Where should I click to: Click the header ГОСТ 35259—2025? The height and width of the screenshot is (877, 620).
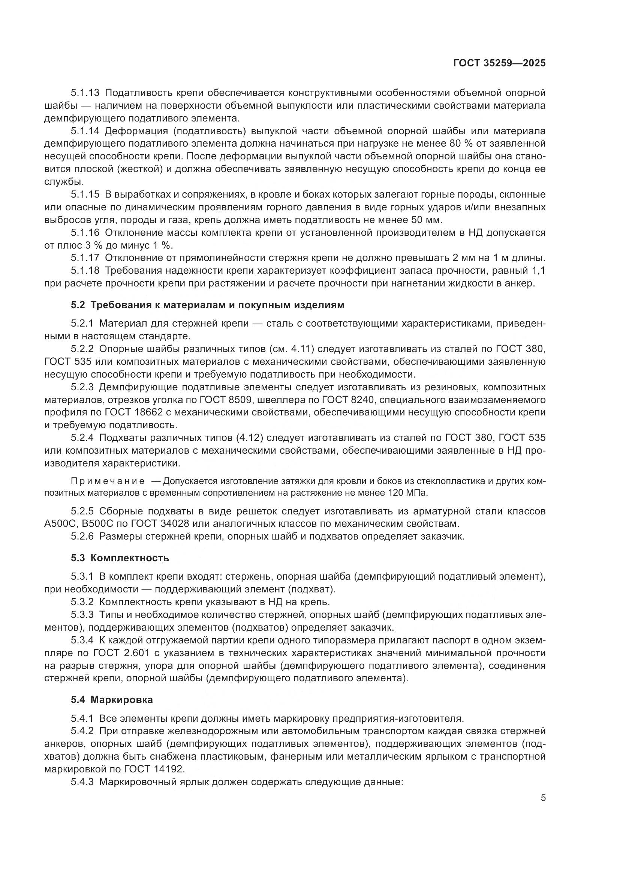tap(499, 63)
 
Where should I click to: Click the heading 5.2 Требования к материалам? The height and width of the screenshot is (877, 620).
tap(207, 305)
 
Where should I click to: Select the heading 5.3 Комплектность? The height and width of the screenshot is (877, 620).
tap(120, 558)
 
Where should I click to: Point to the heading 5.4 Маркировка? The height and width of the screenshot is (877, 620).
tap(111, 700)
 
